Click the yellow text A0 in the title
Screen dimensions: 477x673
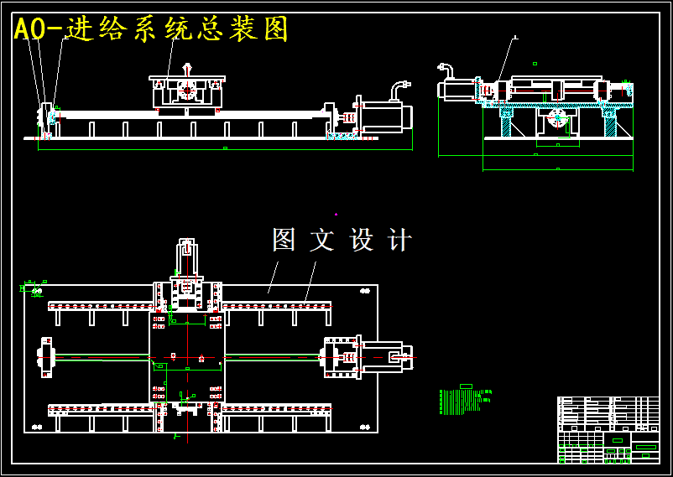click(31, 29)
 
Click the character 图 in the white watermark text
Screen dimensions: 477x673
click(284, 240)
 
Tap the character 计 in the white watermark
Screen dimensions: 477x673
click(400, 241)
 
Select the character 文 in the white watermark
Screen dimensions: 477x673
click(322, 241)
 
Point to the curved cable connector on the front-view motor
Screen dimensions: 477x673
click(399, 86)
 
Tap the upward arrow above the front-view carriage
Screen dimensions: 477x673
click(187, 67)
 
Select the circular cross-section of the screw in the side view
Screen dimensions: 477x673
click(557, 118)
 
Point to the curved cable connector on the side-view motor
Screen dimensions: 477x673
click(445, 69)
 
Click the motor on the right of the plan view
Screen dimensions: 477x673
click(382, 356)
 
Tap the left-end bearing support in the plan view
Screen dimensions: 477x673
click(45, 357)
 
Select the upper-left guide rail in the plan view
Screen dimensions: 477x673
click(101, 306)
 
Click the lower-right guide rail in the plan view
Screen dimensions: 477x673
click(276, 409)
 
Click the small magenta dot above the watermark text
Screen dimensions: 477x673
click(336, 215)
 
